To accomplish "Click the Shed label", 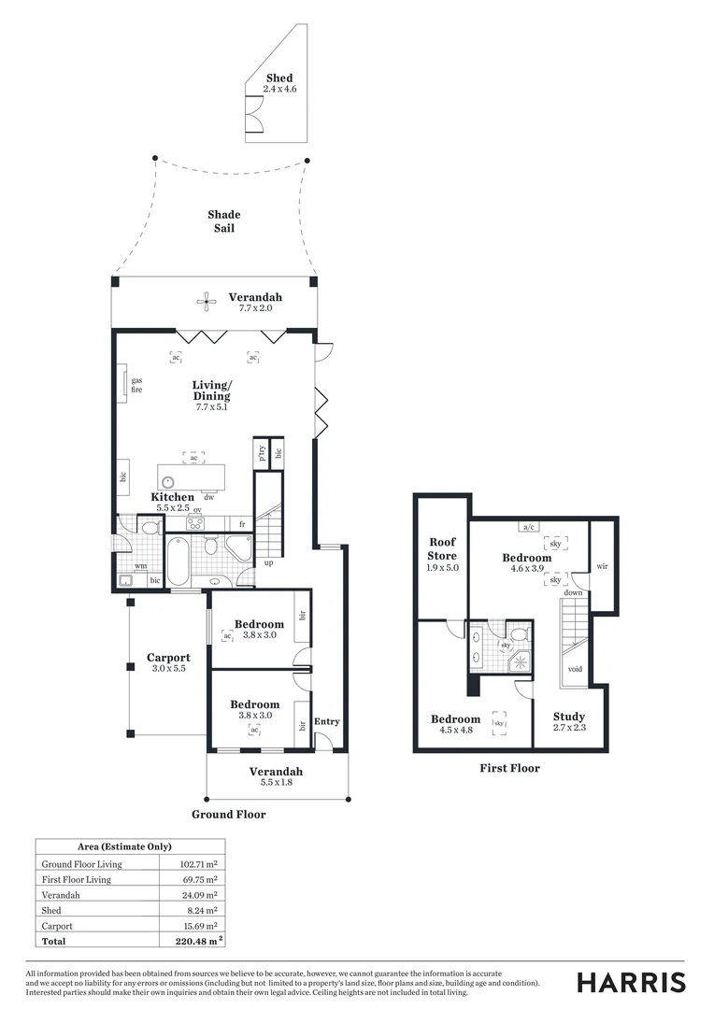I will [278, 78].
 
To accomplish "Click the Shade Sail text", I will [223, 221].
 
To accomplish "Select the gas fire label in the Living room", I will [136, 385].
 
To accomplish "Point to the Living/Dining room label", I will [211, 391].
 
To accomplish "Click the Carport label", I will [168, 658].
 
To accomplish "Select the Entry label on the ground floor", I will [327, 721].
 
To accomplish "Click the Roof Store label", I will [442, 548].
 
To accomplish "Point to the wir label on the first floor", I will [602, 566].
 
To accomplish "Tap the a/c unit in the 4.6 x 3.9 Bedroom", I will [528, 526].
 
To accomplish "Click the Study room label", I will [568, 717].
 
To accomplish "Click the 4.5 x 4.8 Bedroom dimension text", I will [455, 730].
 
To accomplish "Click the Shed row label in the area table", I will [51, 910].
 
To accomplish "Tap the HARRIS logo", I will [631, 983].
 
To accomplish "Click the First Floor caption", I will [508, 768].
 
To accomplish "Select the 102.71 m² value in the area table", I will [198, 864].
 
